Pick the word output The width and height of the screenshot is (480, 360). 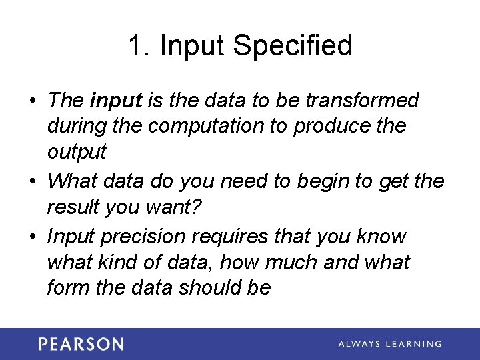77,152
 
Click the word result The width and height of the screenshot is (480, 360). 73,207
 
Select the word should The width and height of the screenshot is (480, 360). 207,287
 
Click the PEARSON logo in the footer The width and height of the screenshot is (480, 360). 81,344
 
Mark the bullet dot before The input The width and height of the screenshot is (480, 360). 32,101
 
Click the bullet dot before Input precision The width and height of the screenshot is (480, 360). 32,237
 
